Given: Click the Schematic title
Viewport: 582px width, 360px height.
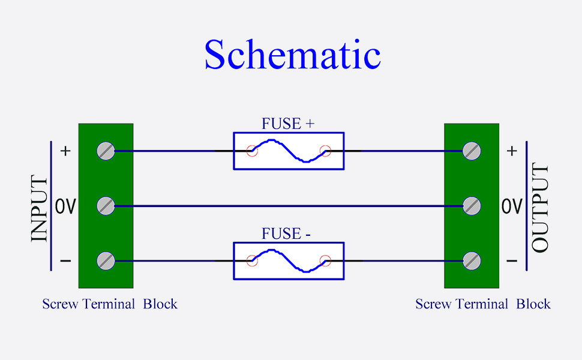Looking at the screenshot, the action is click(292, 55).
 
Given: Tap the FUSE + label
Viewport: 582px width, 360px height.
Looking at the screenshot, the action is click(288, 124).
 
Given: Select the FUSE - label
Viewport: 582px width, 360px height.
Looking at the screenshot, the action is click(286, 233).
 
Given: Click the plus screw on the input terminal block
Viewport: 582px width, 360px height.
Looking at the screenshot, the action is click(106, 151).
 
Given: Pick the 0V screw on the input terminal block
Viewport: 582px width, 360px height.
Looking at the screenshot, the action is click(106, 206).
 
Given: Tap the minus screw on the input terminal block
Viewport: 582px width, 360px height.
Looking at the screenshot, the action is click(106, 261).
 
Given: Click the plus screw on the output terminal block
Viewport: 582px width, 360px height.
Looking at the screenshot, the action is click(472, 151).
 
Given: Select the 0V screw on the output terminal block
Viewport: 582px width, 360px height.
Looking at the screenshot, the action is click(472, 206).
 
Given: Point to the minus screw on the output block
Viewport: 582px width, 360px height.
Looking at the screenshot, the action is click(472, 261).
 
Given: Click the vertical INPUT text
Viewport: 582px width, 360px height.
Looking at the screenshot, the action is click(40, 208).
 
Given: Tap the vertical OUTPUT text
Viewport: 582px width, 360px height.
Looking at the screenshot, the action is click(540, 208).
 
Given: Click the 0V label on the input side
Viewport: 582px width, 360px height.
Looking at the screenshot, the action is click(65, 206).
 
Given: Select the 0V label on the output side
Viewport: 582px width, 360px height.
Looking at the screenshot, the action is click(512, 206).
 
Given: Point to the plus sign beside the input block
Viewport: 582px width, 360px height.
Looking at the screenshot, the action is click(65, 151).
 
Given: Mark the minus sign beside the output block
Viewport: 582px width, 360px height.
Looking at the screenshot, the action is click(512, 261).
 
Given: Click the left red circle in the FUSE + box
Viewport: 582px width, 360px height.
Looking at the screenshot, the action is click(252, 151).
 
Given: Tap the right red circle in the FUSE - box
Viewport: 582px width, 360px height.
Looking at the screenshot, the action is click(326, 260).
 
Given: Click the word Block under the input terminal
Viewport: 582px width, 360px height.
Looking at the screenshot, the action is click(160, 304).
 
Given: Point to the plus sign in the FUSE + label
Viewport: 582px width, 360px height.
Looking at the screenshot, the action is click(310, 124).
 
